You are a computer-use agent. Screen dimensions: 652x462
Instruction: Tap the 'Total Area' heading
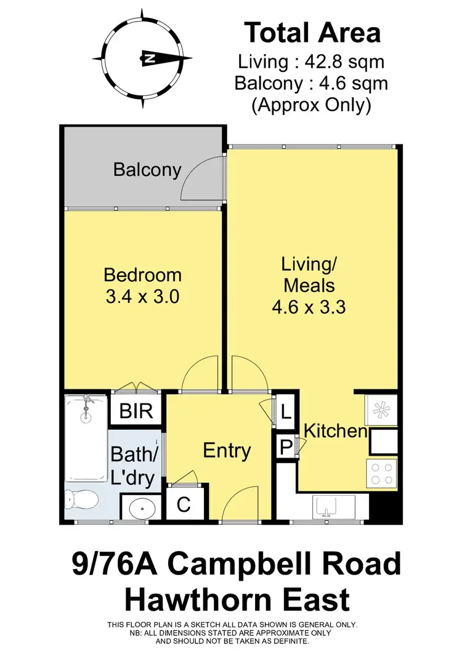pos(312,33)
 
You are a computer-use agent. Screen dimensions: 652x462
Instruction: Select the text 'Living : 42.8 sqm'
pos(312,62)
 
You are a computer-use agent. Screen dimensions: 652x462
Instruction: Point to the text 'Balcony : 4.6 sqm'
pos(312,83)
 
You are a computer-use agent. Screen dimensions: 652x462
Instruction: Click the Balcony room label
pos(147,170)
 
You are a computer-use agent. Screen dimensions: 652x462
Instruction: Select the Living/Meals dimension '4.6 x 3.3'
pos(308,306)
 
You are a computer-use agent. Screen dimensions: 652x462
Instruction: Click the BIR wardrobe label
pos(136,411)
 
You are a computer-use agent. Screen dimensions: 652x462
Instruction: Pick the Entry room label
pos(227,451)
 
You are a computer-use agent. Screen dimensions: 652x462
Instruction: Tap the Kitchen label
pos(336,431)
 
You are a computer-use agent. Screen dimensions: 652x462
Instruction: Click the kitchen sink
pos(326,508)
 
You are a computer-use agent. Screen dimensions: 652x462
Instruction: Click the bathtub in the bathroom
pos(86,438)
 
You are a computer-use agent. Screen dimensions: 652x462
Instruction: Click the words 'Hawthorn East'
pos(237,598)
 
